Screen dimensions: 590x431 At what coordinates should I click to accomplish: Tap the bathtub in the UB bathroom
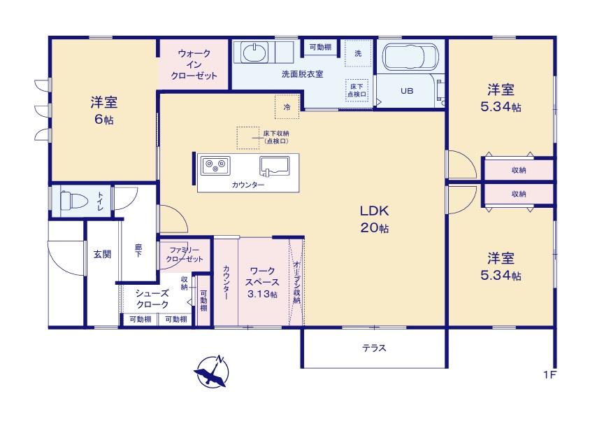410,57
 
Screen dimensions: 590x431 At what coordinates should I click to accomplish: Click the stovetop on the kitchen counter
215,165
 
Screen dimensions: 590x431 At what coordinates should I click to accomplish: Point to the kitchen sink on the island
275,167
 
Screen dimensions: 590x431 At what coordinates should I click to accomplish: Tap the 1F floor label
549,375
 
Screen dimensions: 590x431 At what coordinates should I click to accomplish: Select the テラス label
375,348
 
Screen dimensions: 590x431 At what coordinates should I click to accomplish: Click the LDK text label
375,211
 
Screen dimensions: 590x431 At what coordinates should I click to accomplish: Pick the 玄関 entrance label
102,254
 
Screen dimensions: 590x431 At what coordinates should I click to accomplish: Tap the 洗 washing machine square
358,53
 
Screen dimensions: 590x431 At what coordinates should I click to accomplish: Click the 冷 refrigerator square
287,106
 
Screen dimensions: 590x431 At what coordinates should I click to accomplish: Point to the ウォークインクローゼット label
194,65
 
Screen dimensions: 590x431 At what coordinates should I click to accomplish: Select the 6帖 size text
104,120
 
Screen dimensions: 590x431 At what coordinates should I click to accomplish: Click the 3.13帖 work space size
263,294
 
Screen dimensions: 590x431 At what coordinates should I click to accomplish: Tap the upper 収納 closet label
519,170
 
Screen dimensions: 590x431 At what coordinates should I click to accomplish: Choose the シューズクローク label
152,298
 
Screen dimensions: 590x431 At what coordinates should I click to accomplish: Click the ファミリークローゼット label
185,254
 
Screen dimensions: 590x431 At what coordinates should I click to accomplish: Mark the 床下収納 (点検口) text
276,137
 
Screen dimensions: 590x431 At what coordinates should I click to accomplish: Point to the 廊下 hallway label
138,250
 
